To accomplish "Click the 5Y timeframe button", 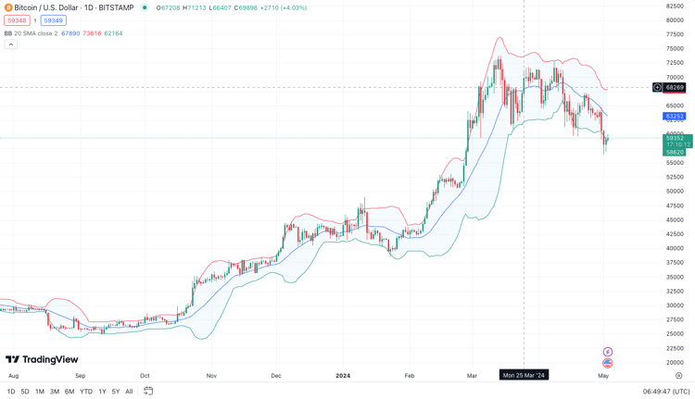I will [115, 392].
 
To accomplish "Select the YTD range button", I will [86, 392].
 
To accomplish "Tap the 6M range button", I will [69, 392].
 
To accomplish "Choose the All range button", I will [129, 392].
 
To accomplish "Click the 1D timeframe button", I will [11, 392].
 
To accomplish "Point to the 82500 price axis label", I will [675, 6].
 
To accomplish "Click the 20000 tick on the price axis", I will [675, 363].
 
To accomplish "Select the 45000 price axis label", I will [675, 220].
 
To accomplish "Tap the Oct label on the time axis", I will [145, 376].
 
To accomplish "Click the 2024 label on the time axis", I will [343, 376].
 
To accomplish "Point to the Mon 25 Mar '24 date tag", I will [524, 375].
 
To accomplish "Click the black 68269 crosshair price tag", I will [675, 88].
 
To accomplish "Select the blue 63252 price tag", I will [675, 117].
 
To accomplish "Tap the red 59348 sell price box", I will [17, 20].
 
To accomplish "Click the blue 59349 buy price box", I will [53, 20].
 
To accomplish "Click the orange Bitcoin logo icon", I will [8, 7].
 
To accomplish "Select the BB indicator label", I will [8, 33].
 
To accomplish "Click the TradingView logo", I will [42, 359].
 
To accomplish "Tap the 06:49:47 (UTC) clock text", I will [665, 392].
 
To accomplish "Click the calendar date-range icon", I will [148, 392].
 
